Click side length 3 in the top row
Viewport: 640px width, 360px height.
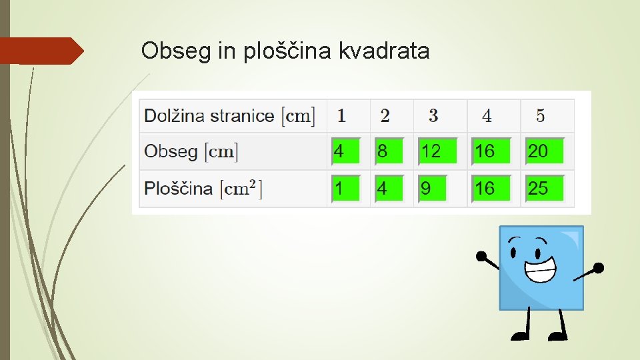coord(433,115)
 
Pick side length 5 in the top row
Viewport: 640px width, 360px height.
coord(540,115)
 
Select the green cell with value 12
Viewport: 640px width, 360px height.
coord(437,151)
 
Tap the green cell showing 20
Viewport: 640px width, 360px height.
coord(544,151)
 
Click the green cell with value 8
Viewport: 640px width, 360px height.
coord(388,151)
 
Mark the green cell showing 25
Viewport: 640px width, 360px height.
coord(544,189)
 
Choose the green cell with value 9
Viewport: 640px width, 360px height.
coord(432,189)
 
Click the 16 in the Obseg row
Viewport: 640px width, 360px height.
coord(491,151)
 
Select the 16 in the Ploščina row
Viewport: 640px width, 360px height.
coord(491,189)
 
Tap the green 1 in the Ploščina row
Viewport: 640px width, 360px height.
coord(345,189)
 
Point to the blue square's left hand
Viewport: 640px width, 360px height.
coord(481,255)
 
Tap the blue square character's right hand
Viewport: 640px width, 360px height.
coord(598,268)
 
